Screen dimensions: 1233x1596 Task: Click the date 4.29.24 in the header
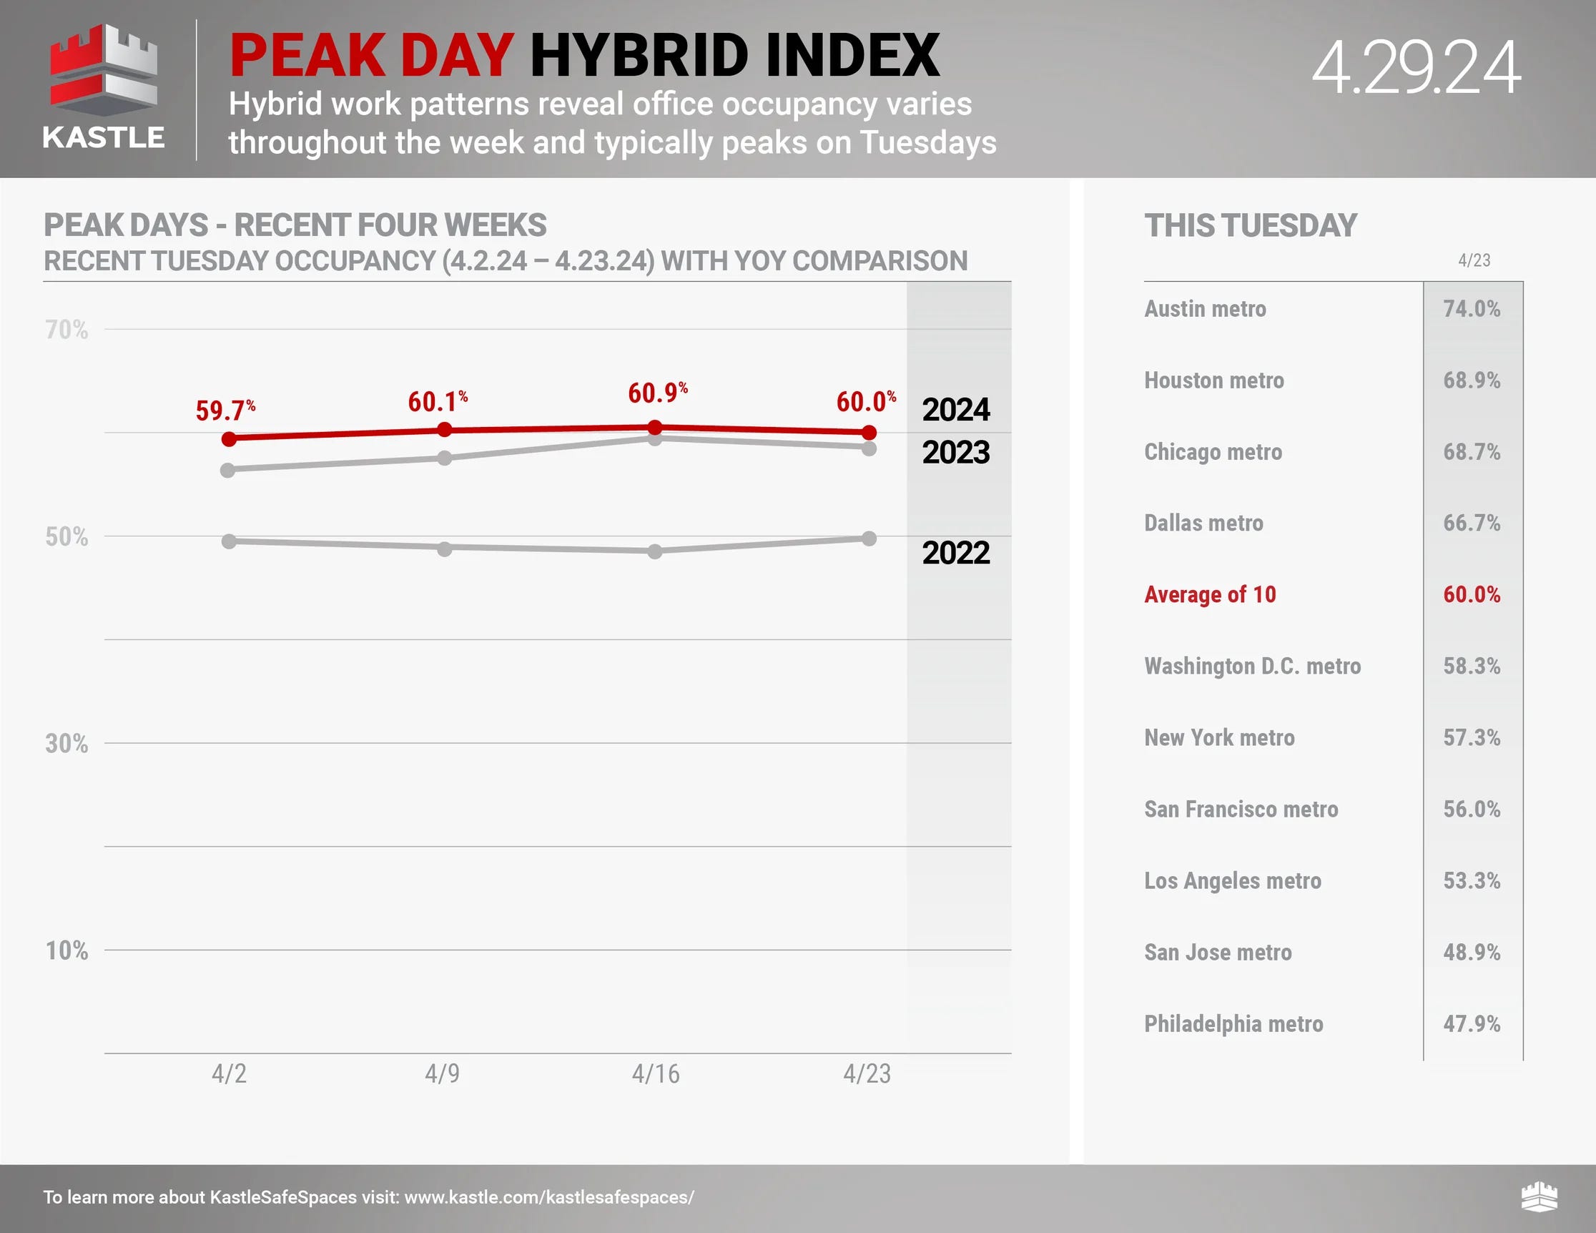1416,68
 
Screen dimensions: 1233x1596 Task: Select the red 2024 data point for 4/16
655,428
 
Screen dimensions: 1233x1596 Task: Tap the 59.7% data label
225,410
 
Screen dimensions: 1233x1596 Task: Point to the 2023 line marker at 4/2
228,470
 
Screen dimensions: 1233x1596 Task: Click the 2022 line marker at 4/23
869,539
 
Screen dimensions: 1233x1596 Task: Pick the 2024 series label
955,409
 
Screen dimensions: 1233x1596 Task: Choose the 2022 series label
955,553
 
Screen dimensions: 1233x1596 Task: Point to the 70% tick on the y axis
66,330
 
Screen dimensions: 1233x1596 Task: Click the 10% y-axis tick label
66,950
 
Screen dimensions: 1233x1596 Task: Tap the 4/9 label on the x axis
442,1073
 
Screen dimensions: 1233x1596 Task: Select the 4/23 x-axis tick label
867,1073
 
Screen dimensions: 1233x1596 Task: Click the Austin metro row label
1205,308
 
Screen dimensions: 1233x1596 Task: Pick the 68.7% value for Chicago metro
1471,452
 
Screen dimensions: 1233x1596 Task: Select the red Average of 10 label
1210,594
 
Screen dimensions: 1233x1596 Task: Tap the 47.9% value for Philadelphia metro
1471,1023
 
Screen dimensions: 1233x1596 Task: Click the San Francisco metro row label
1241,809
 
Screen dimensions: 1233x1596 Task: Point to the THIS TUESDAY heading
1251,225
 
